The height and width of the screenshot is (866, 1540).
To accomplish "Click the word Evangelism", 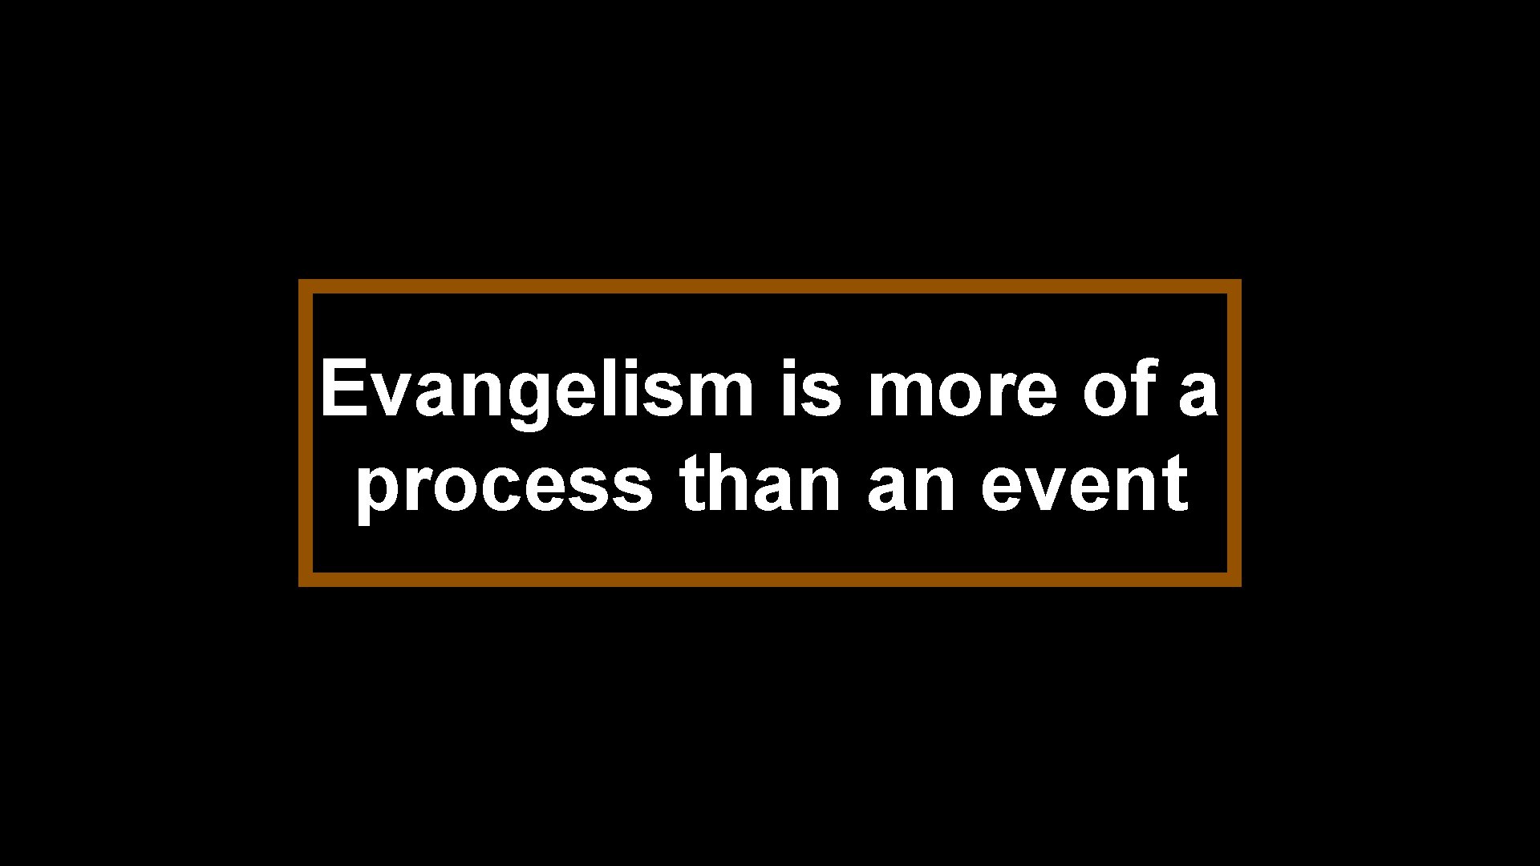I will (x=536, y=391).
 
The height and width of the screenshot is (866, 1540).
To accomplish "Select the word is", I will (x=811, y=391).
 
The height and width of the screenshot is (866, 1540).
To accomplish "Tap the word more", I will (x=962, y=391).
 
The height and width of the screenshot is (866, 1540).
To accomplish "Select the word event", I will (x=1084, y=484).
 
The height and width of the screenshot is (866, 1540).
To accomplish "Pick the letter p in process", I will (x=377, y=491).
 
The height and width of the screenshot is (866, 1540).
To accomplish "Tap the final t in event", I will (x=1175, y=484).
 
